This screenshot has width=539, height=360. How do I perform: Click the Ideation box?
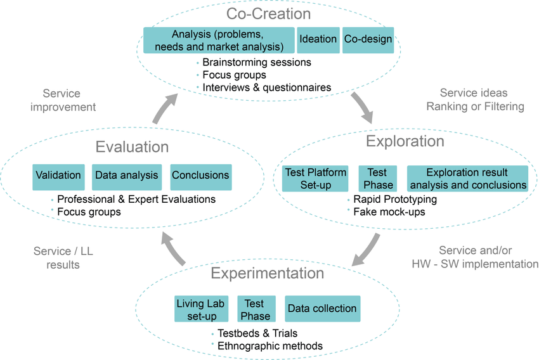pos(318,39)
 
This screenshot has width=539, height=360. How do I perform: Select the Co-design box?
pos(368,39)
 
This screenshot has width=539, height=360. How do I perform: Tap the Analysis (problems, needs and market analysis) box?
pos(219,39)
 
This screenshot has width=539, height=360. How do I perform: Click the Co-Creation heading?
pos(269,13)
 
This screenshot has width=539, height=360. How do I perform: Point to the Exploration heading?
pos(405,141)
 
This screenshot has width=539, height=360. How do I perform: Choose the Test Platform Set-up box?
pos(315,179)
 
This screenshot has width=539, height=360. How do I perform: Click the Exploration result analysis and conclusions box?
pos(467,179)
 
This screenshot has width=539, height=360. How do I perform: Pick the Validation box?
pos(58,176)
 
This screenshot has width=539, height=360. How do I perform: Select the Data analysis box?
pos(127,176)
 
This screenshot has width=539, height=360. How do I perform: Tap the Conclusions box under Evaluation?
pos(200,176)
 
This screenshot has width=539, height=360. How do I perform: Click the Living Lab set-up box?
pos(200,309)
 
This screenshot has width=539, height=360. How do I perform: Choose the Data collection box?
pos(322,309)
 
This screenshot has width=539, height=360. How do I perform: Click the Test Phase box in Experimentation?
pos(256,309)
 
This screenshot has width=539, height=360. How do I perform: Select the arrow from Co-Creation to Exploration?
pos(365,108)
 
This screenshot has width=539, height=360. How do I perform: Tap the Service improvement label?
pos(63,100)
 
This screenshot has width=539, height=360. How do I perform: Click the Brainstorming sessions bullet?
pos(257,62)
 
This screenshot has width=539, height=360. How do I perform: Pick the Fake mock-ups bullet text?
pos(389,212)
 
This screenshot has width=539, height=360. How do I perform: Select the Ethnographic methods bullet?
pos(270,346)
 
